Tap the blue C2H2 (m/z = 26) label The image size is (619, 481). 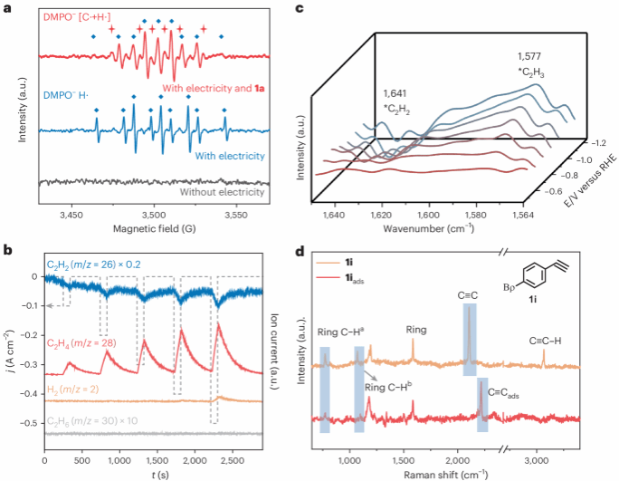(x=90, y=265)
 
